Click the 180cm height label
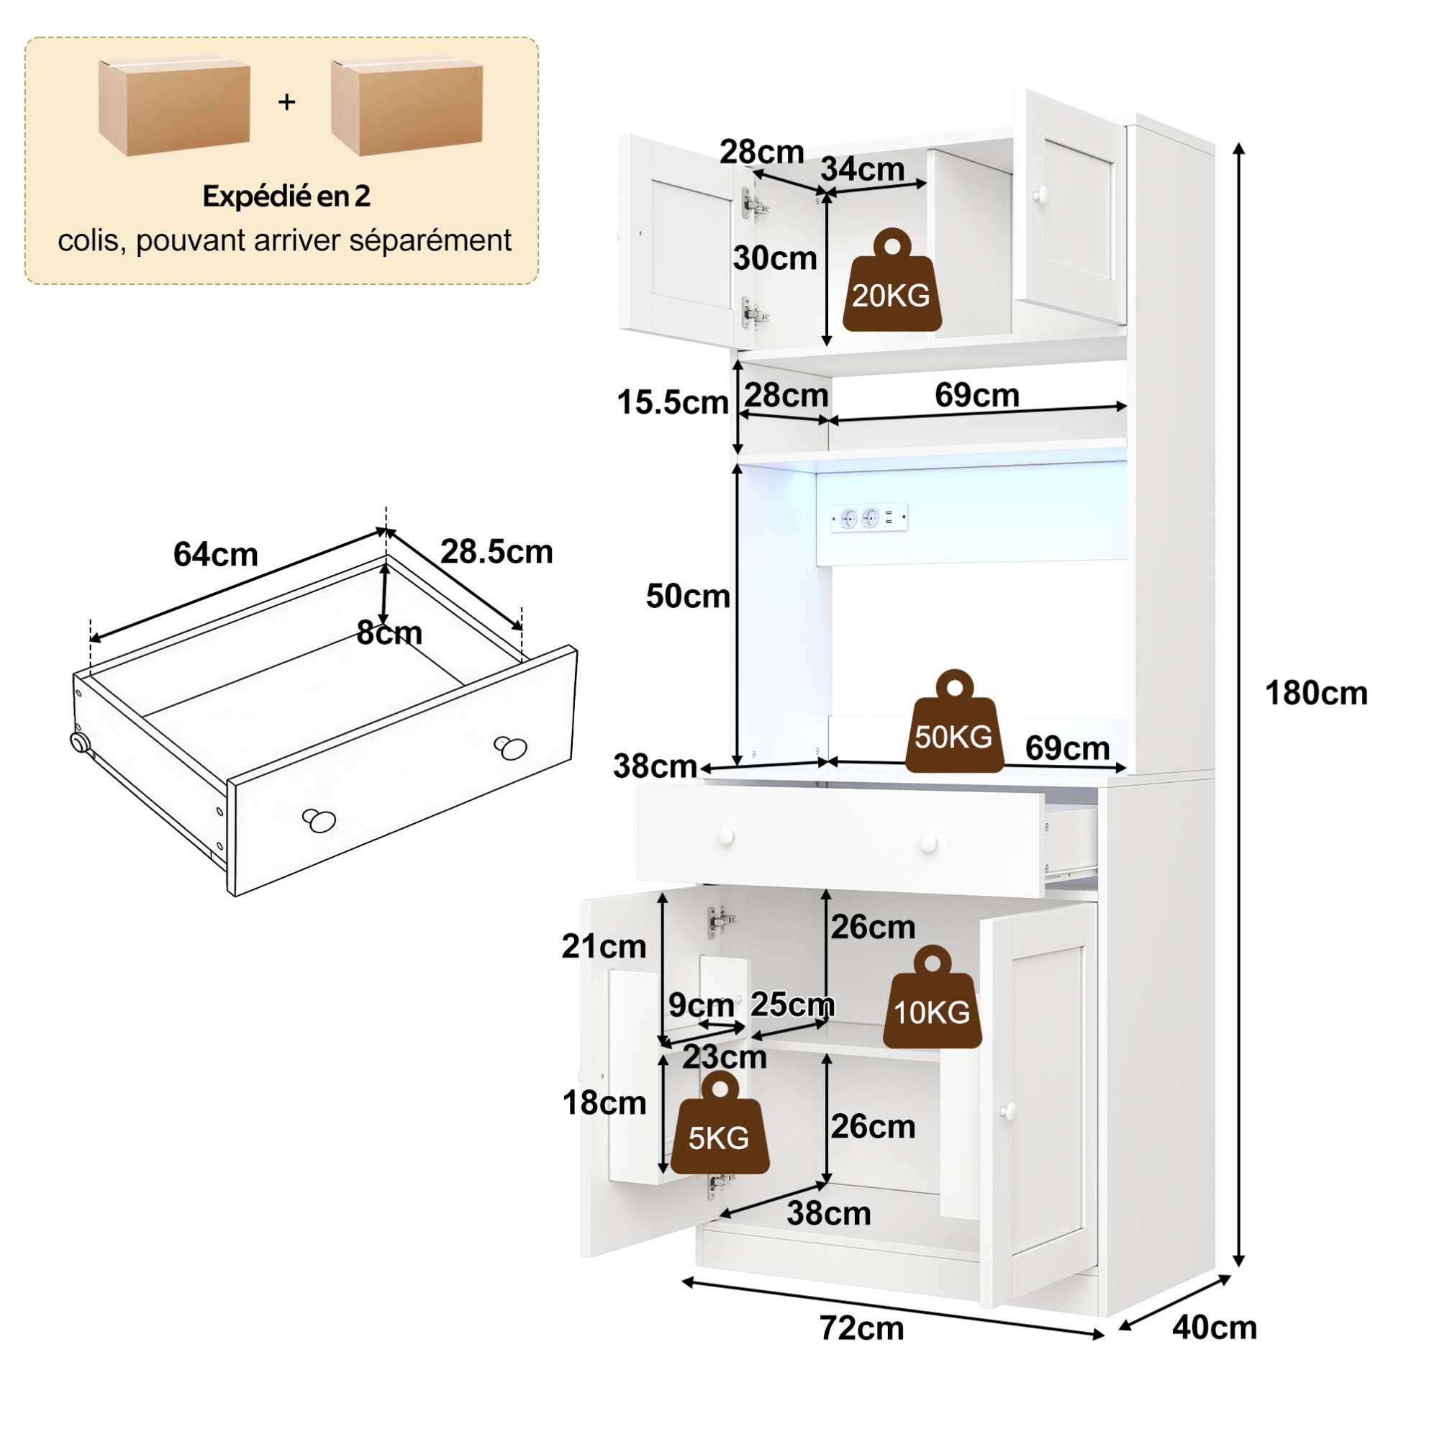[x=1316, y=694]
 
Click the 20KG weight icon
[x=892, y=280]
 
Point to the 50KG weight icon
[x=954, y=721]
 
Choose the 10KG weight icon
[x=933, y=997]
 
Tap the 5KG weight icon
[x=720, y=1122]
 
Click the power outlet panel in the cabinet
[x=869, y=518]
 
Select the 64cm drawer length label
[x=215, y=555]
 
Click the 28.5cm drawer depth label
[x=496, y=552]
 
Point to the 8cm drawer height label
[x=389, y=633]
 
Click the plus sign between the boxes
[x=287, y=102]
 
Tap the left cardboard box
[x=174, y=108]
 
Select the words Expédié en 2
[x=286, y=196]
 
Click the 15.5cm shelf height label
[x=673, y=403]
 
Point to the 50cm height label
[x=688, y=596]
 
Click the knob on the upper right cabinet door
[x=1041, y=195]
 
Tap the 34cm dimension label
[x=863, y=169]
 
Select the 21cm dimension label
[x=604, y=947]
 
